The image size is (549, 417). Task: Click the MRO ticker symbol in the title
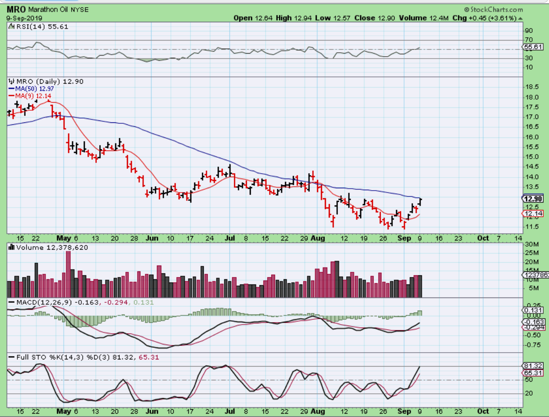(x=16, y=9)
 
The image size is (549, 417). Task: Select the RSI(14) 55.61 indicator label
(x=41, y=27)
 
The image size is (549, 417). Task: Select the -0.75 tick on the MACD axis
(x=533, y=345)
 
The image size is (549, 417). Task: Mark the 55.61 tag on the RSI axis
(x=534, y=47)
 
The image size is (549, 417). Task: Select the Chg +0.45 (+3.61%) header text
(x=484, y=18)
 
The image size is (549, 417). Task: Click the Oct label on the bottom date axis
(x=483, y=238)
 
